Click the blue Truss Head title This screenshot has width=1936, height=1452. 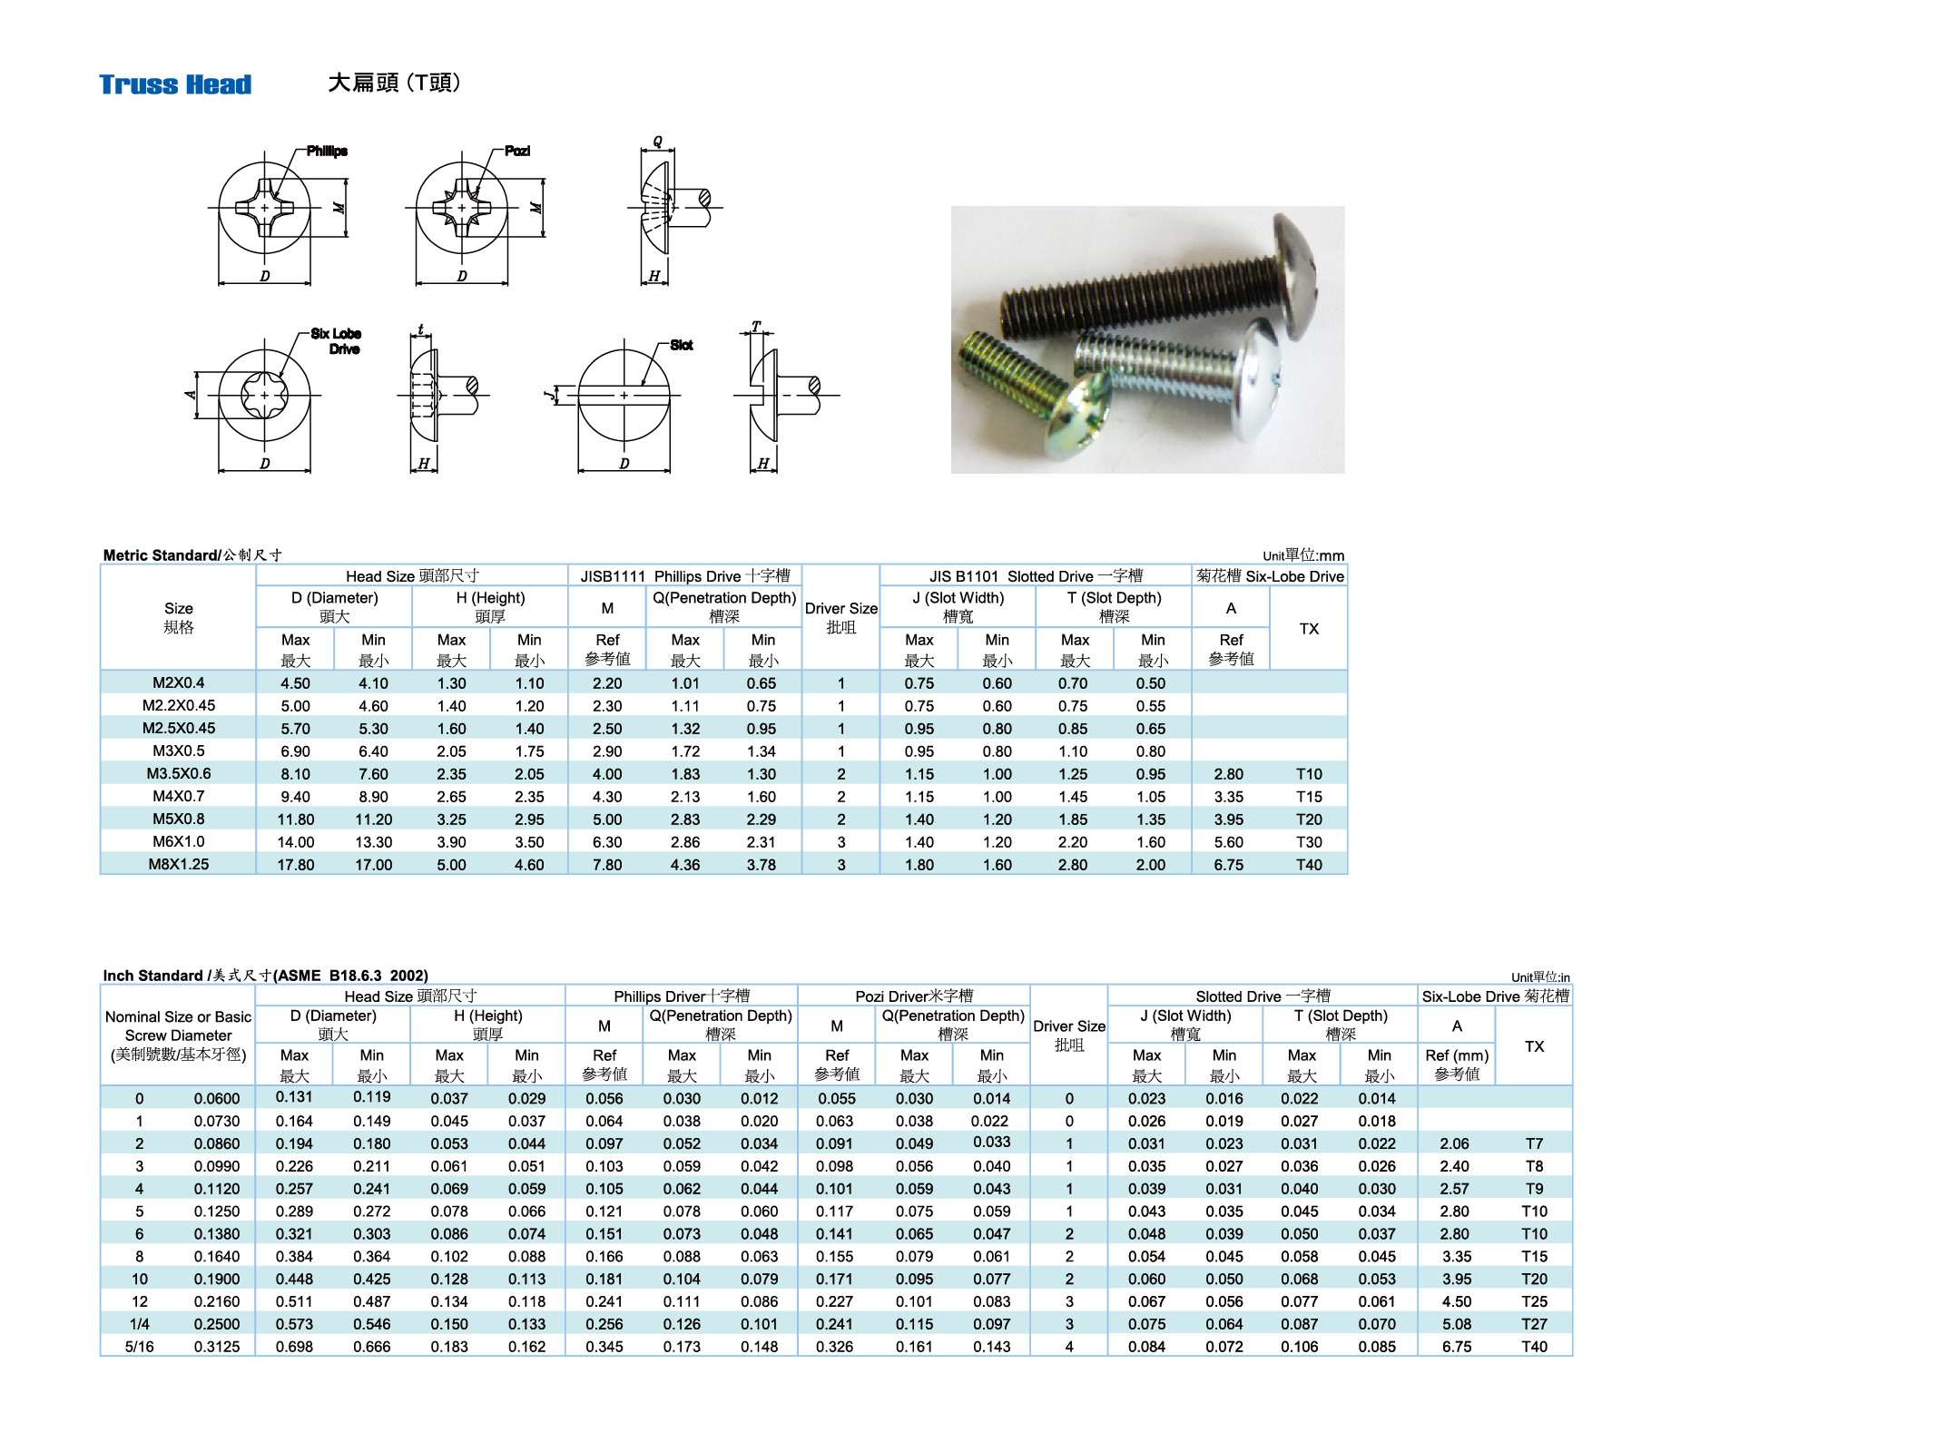click(175, 84)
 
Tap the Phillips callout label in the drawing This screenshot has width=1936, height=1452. click(327, 151)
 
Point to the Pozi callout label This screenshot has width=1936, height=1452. click(517, 151)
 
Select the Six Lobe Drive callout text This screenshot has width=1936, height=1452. click(336, 341)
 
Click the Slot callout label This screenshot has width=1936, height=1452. click(682, 345)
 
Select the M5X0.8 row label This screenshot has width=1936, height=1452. click(178, 819)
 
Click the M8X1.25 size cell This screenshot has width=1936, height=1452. click(178, 864)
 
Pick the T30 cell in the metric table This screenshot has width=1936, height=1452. click(1308, 841)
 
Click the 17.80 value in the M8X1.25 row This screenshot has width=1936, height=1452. click(295, 865)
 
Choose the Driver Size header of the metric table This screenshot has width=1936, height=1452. click(840, 617)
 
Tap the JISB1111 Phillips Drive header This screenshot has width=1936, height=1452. click(685, 576)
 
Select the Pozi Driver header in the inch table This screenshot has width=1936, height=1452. click(913, 996)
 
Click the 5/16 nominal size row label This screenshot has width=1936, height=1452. click(139, 1347)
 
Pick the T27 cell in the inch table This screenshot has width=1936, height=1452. click(1534, 1324)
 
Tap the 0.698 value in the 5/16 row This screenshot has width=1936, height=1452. click(294, 1347)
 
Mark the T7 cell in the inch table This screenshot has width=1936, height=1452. click(1534, 1143)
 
